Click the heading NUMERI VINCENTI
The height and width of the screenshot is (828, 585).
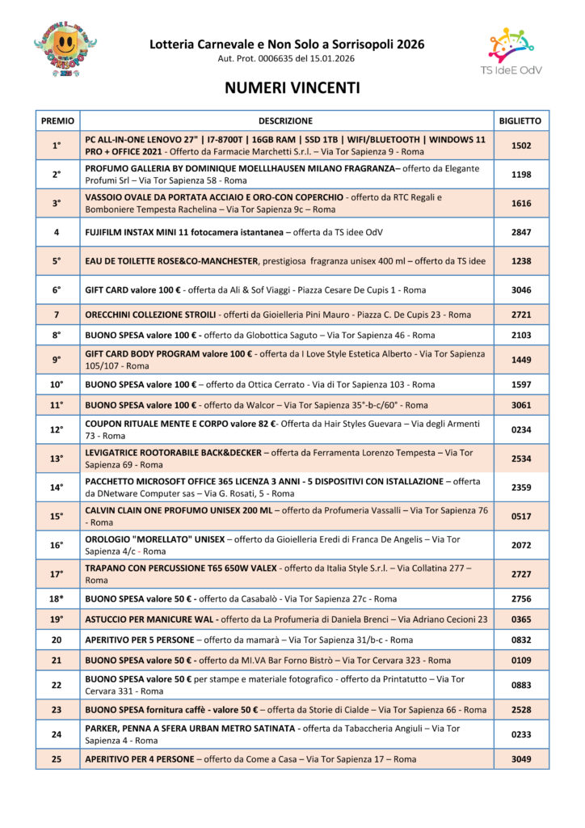292,87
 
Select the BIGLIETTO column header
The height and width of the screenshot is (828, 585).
521,120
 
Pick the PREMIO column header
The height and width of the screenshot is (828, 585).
57,120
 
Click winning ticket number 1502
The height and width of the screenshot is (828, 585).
521,146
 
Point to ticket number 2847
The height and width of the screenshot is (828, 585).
521,232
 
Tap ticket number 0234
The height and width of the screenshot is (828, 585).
521,429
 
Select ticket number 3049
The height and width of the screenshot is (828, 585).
521,759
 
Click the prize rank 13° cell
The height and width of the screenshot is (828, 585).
57,458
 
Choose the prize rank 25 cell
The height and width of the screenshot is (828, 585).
57,759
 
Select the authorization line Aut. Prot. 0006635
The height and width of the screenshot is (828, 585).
286,59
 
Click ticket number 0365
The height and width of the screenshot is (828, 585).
521,619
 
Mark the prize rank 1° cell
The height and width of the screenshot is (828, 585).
57,146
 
